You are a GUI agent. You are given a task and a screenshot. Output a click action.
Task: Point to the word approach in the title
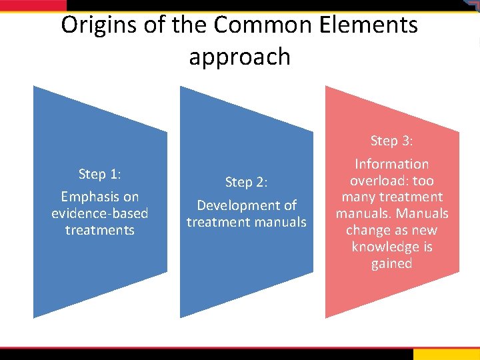239,57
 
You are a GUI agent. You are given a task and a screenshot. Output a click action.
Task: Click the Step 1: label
99,174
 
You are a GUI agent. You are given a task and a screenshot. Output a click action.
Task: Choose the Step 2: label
246,182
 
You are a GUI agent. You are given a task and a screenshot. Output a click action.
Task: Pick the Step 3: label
391,141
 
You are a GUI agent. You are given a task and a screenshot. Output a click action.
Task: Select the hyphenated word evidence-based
99,213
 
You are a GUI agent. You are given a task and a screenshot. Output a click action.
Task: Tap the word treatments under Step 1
99,230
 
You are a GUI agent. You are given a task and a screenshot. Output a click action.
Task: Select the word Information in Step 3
391,164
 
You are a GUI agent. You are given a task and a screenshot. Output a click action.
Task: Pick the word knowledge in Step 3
391,247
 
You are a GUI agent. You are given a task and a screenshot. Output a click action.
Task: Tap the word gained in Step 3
391,263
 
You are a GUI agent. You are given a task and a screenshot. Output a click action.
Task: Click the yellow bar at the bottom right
446,354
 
